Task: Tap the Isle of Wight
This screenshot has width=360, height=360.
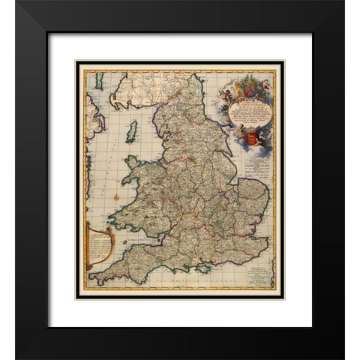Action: (x=202, y=266)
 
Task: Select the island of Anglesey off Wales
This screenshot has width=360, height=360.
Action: (x=133, y=162)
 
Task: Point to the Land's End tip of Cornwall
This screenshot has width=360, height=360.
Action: (x=91, y=280)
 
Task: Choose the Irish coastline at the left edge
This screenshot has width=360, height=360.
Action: (x=91, y=120)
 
